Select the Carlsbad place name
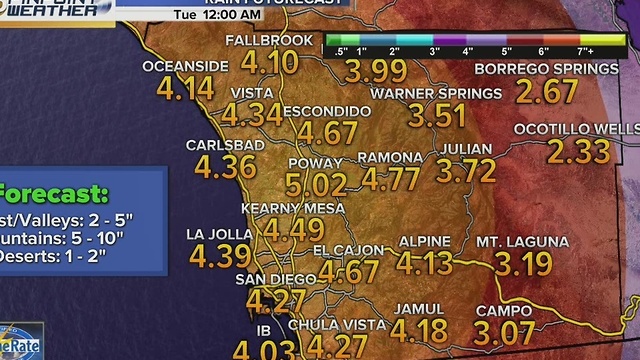(x=225, y=145)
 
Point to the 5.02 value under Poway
(x=316, y=185)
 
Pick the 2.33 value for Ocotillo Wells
(x=578, y=152)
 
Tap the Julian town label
(x=467, y=149)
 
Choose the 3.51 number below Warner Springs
(x=438, y=115)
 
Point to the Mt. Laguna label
(x=522, y=242)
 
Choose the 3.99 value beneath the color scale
(x=376, y=71)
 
